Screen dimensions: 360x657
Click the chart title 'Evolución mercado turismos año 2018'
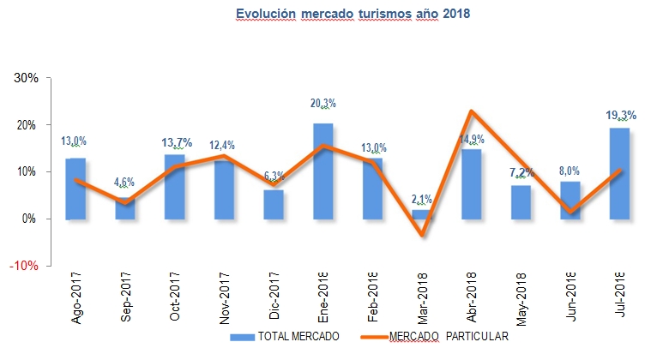(353, 14)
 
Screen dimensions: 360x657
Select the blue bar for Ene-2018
(322, 171)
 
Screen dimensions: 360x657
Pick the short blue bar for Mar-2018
(422, 214)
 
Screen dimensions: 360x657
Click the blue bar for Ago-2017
(75, 189)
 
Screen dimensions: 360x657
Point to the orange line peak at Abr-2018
(472, 111)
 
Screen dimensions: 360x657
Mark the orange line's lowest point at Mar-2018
(422, 235)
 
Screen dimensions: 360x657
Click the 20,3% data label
(322, 104)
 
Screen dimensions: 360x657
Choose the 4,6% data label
(125, 182)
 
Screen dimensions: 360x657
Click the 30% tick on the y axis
(27, 78)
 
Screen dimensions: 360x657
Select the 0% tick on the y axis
(30, 219)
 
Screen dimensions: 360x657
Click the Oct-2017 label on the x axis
(175, 297)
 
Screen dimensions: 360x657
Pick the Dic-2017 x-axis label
(274, 297)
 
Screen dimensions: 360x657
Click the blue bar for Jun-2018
(570, 200)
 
